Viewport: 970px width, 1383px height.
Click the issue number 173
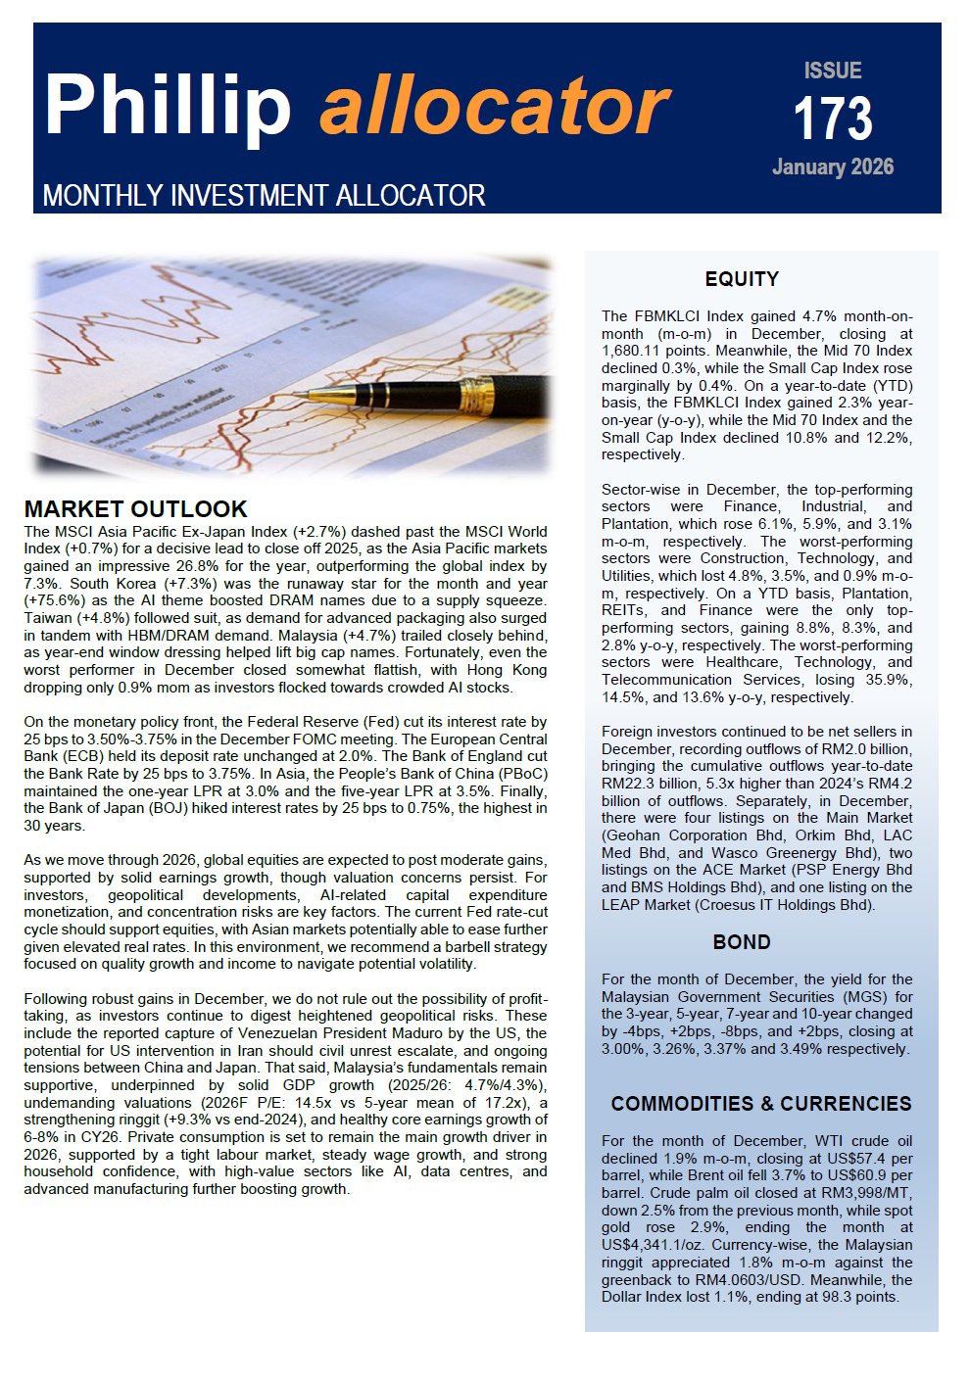[833, 119]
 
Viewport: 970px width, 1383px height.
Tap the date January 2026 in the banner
[833, 167]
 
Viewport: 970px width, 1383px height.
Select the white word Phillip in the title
[168, 106]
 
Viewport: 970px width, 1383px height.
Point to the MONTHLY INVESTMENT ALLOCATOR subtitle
[264, 196]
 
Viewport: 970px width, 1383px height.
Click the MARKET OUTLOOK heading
[135, 509]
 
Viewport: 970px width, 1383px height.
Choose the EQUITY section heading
[742, 280]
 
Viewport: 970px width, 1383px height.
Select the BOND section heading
[742, 942]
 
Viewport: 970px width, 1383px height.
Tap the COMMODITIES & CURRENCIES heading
[761, 1104]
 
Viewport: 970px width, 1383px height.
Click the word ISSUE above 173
[833, 72]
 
